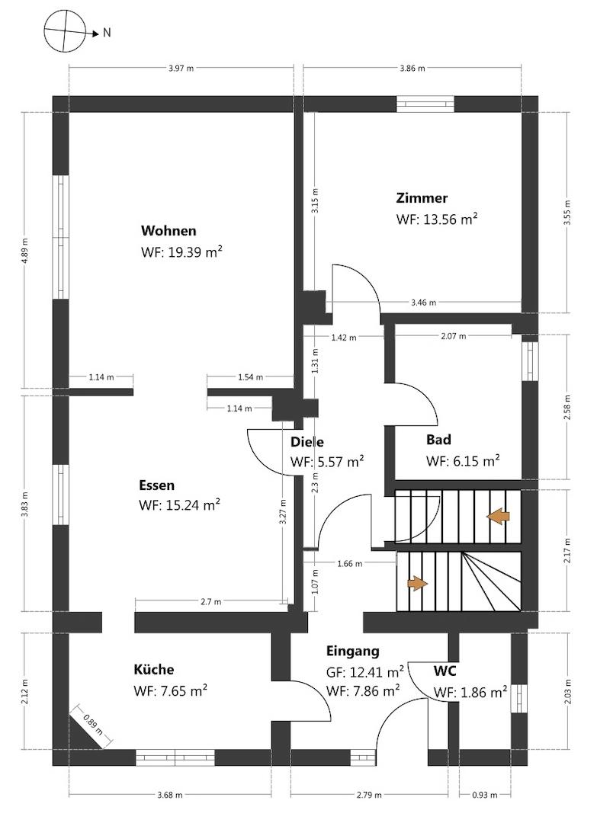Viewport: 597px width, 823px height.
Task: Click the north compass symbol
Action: tap(66, 33)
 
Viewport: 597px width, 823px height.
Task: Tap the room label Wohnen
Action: tap(169, 231)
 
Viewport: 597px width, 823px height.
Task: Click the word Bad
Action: tap(438, 440)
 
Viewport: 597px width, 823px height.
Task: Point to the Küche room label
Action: tap(154, 670)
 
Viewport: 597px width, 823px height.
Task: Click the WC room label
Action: tap(445, 671)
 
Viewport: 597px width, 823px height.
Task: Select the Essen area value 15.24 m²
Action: tap(193, 505)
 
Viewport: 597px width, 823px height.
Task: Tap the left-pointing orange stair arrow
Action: tap(498, 517)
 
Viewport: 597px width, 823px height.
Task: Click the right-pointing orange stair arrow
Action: tap(417, 584)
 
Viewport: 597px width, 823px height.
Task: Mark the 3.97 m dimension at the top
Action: tap(181, 69)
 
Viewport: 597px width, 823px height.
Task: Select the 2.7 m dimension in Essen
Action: tap(211, 602)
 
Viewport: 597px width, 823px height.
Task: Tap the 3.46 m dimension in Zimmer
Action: tap(423, 303)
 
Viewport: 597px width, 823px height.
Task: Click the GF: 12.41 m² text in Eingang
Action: tap(365, 672)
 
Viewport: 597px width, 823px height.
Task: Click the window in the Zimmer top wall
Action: tap(425, 104)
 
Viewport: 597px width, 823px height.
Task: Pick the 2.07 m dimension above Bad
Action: tap(453, 336)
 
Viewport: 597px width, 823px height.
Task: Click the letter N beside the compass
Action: tap(107, 33)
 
